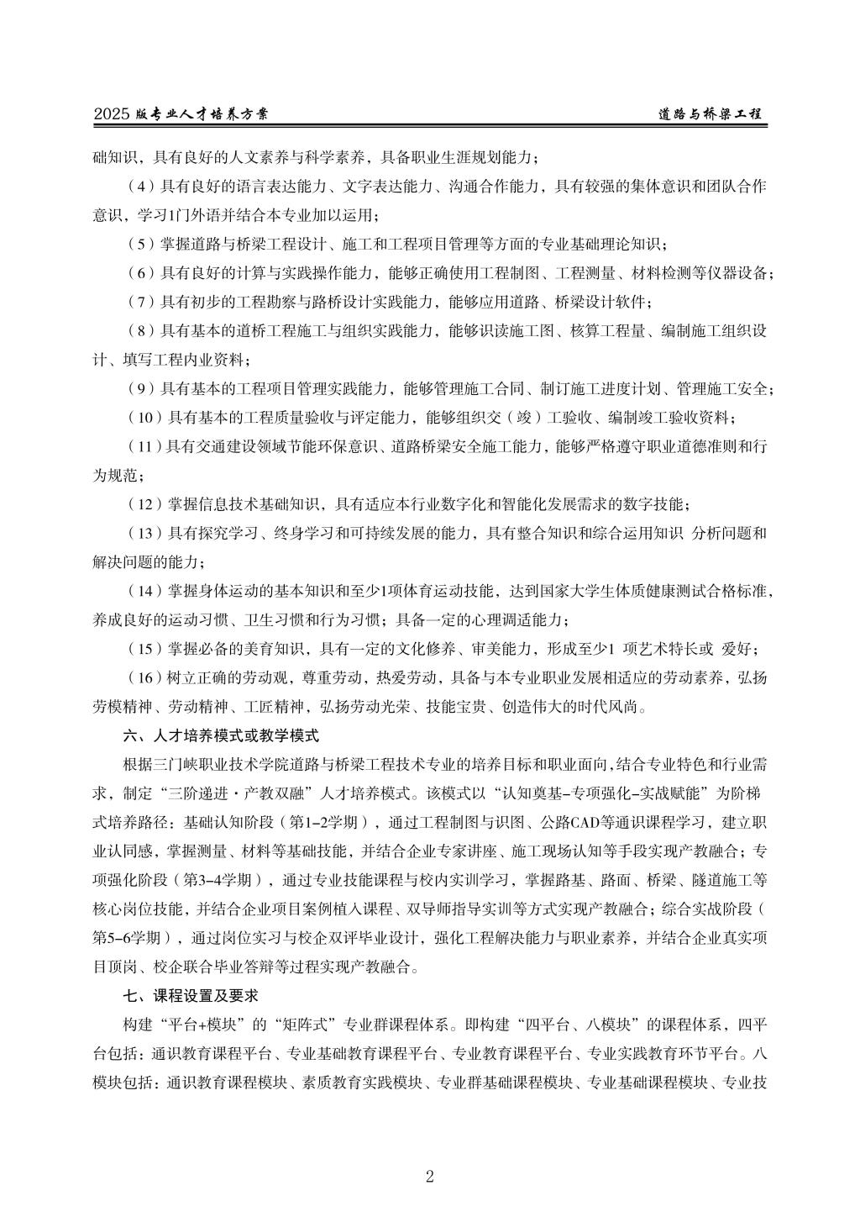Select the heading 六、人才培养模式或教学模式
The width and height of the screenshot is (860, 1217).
click(x=221, y=735)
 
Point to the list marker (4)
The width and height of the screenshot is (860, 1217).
click(x=140, y=186)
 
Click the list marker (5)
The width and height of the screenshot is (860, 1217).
click(x=140, y=244)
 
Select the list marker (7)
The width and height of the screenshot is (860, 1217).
click(x=140, y=302)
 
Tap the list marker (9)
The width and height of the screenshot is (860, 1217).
click(x=140, y=388)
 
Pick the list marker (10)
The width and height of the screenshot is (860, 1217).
click(x=144, y=418)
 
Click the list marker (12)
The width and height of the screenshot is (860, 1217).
click(x=144, y=504)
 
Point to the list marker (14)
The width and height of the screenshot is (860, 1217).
click(x=144, y=591)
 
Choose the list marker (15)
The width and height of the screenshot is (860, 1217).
click(x=144, y=649)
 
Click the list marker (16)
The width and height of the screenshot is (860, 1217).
click(x=144, y=677)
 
